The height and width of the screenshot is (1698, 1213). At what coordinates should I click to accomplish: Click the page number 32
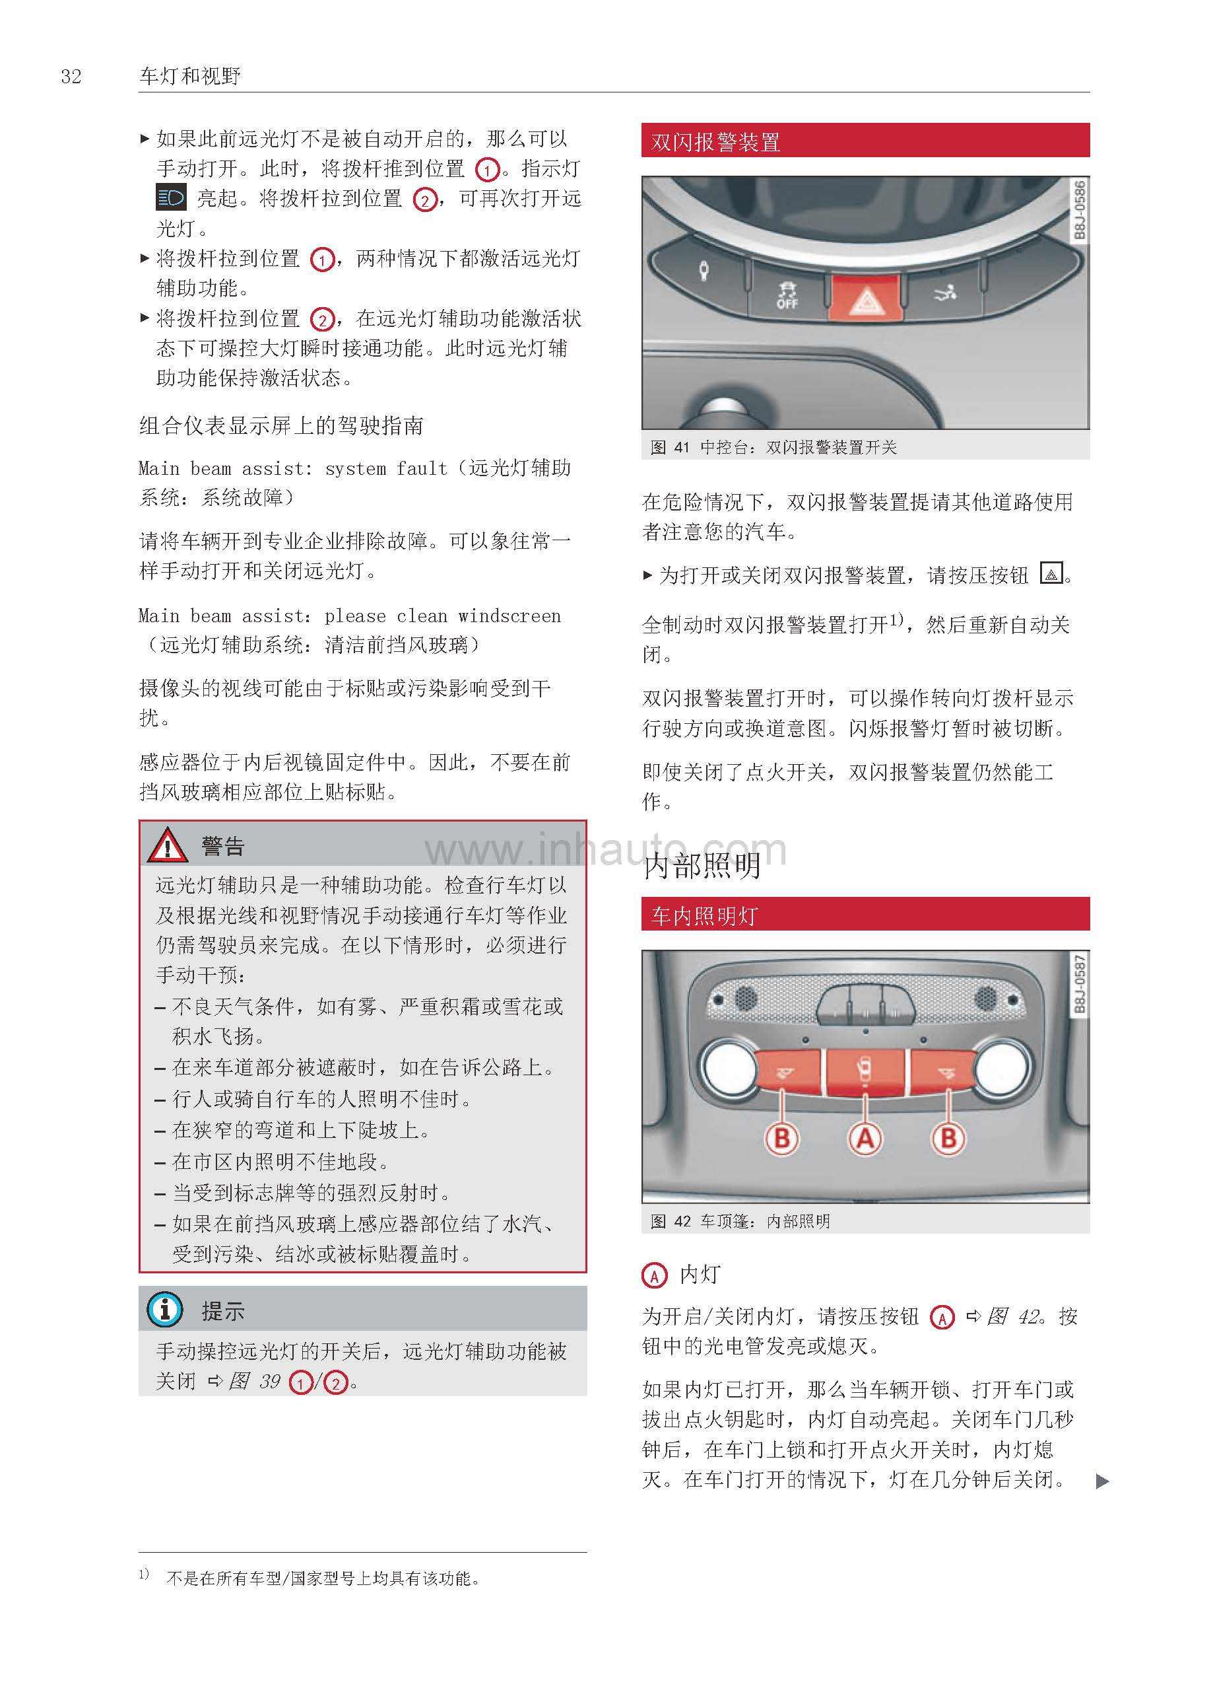pyautogui.click(x=71, y=76)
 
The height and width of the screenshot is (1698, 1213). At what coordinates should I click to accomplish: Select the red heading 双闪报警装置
pyautogui.click(x=715, y=141)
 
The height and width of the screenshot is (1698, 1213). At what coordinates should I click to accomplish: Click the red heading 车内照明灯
pyautogui.click(x=704, y=915)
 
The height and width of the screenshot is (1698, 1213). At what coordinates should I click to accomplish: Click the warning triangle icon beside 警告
pyautogui.click(x=168, y=845)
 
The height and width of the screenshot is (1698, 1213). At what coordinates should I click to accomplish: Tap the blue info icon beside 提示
pyautogui.click(x=165, y=1310)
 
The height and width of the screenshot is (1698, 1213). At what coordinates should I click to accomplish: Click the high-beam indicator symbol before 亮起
pyautogui.click(x=171, y=198)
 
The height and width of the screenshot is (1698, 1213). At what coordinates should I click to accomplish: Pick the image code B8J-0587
pyautogui.click(x=1078, y=983)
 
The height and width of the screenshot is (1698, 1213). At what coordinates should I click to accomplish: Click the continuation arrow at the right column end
pyautogui.click(x=1101, y=1481)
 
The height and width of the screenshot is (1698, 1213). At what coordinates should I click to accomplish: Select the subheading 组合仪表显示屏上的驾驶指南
pyautogui.click(x=281, y=426)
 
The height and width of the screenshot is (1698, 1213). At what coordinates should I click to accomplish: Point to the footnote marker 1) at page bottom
pyautogui.click(x=144, y=1574)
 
